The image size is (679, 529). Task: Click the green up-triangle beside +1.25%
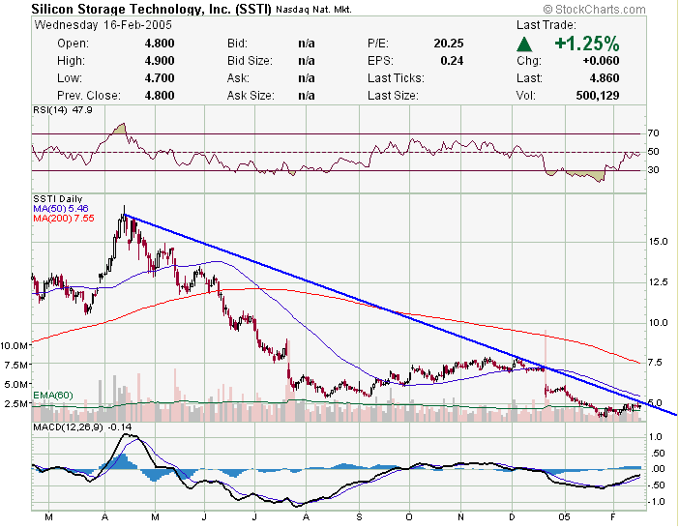click(x=524, y=44)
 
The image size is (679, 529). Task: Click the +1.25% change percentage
click(x=586, y=44)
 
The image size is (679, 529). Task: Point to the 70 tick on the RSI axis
click(x=653, y=132)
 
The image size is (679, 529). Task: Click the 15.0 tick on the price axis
click(x=657, y=242)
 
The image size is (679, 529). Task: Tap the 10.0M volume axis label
click(x=15, y=345)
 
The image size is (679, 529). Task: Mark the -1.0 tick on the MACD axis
click(x=656, y=501)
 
